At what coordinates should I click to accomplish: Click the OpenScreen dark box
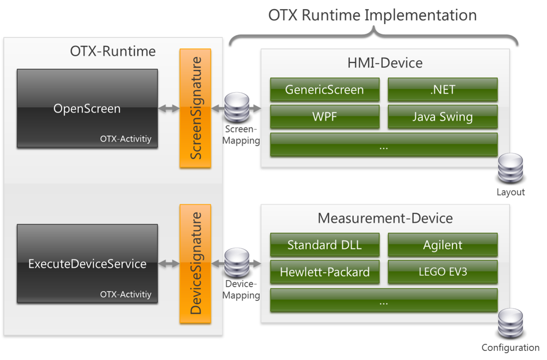pos(87,108)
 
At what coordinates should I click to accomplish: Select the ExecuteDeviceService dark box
pos(87,263)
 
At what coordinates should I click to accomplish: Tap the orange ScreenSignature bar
pos(195,108)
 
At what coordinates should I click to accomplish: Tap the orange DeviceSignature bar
pos(195,263)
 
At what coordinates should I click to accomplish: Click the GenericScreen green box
pos(325,89)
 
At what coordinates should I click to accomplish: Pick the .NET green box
pos(442,89)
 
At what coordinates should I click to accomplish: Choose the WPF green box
pos(325,117)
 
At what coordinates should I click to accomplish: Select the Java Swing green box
pos(442,117)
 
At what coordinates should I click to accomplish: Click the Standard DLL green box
pos(325,245)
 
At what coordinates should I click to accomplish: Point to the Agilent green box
pos(442,245)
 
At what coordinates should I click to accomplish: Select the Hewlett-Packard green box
pos(325,272)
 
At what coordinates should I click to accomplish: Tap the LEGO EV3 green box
pos(442,272)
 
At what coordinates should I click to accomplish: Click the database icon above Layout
pos(510,169)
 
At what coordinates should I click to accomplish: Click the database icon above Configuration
pos(510,324)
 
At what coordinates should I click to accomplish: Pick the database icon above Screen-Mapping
pos(237,108)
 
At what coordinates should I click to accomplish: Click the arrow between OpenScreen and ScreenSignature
pos(169,109)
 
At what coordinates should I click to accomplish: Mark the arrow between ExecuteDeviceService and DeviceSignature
pos(169,264)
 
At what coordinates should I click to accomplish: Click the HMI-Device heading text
pos(385,62)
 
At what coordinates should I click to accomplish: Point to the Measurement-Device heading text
pos(385,218)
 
